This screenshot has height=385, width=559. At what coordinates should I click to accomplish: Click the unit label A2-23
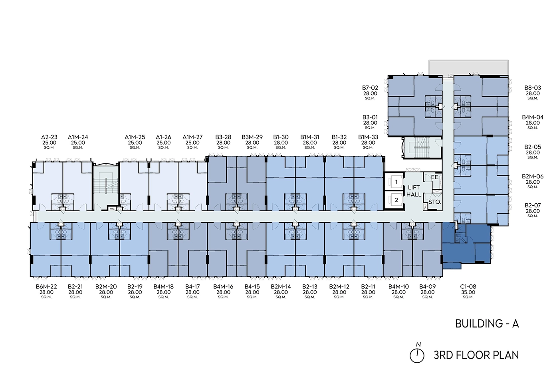point(49,137)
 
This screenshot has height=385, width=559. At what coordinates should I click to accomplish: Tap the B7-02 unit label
point(370,88)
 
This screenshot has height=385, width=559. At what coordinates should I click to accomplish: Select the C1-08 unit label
point(468,287)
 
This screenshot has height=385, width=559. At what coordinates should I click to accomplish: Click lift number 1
point(396,182)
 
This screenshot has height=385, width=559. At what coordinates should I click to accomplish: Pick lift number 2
point(396,200)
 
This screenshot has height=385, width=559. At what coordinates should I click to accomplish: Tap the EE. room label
point(435,177)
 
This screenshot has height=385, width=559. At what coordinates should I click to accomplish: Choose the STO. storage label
point(434,202)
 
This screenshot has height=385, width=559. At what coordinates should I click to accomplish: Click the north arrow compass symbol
point(417,355)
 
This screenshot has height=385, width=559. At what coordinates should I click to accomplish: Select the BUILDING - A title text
point(487,323)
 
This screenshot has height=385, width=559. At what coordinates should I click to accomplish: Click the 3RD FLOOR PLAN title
point(476,355)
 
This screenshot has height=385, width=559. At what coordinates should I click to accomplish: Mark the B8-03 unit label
point(533,88)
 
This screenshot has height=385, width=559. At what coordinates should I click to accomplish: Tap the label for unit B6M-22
point(46,287)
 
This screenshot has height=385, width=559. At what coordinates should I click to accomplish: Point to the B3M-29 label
point(252,137)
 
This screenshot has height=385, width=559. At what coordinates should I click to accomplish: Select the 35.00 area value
point(468,292)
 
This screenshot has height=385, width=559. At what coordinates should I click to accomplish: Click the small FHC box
point(112,208)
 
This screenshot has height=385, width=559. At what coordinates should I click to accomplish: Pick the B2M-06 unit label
point(533,177)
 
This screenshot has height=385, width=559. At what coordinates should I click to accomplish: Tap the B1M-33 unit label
point(368,137)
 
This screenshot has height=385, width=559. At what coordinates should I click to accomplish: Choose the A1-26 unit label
point(163,137)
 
